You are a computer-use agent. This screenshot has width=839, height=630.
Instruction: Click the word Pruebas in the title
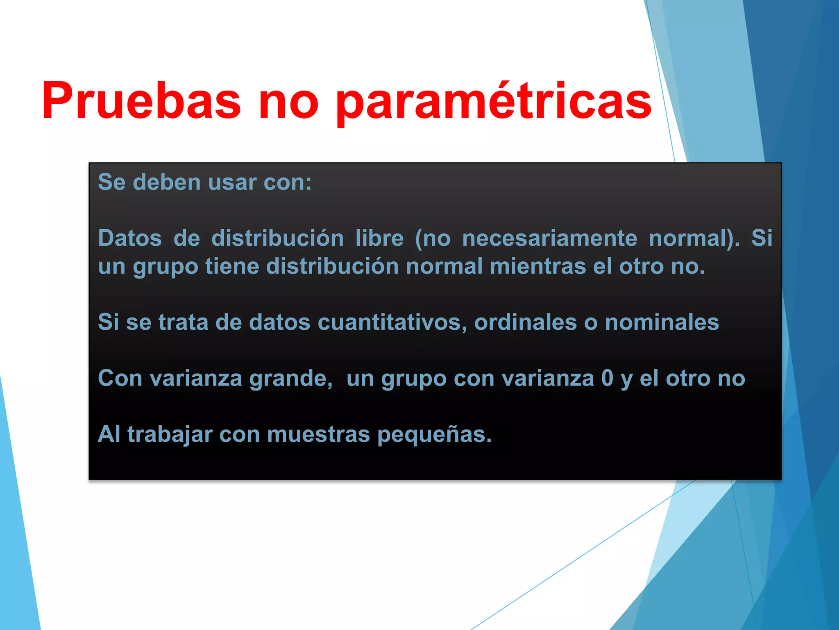click(141, 100)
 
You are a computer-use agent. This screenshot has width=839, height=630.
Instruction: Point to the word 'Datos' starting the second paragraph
click(130, 238)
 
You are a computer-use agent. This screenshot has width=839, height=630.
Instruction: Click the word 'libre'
click(379, 238)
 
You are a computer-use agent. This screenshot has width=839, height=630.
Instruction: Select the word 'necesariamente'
click(549, 238)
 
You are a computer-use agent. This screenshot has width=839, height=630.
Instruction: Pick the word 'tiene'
click(232, 266)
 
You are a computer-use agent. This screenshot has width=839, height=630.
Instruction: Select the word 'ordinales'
click(526, 322)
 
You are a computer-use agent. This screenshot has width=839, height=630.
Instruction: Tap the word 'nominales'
click(662, 322)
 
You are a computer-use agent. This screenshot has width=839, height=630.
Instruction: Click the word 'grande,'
click(291, 378)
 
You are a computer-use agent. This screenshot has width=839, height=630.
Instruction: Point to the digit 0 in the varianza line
click(607, 378)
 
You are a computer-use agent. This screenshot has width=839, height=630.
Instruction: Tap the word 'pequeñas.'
click(434, 435)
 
